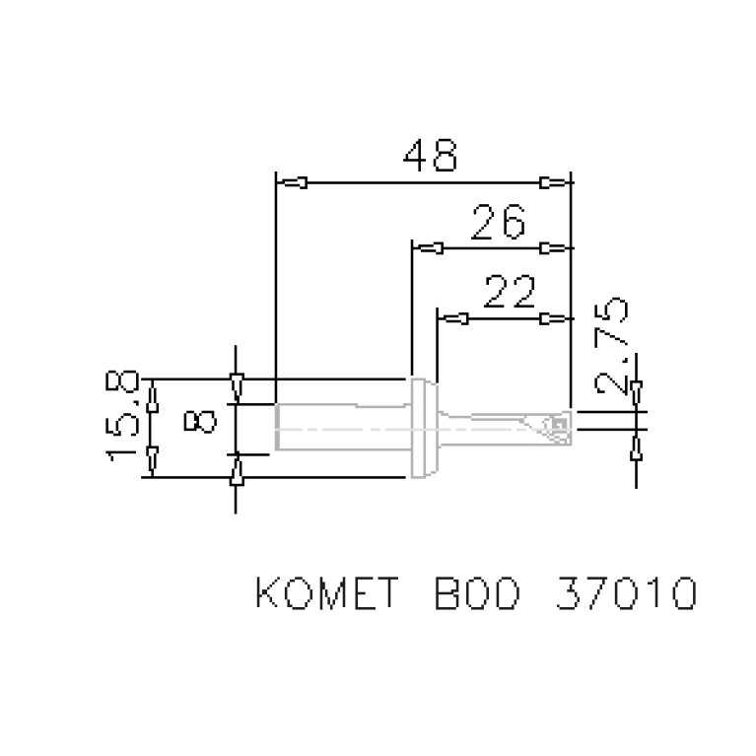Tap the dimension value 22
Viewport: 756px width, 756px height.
pos(511,293)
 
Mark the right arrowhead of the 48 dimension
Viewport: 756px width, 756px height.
pos(554,182)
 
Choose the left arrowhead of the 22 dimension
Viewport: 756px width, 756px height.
pos(453,318)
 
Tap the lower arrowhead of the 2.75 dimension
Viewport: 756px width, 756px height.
pos(637,449)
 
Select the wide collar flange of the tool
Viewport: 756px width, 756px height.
pos(422,428)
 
